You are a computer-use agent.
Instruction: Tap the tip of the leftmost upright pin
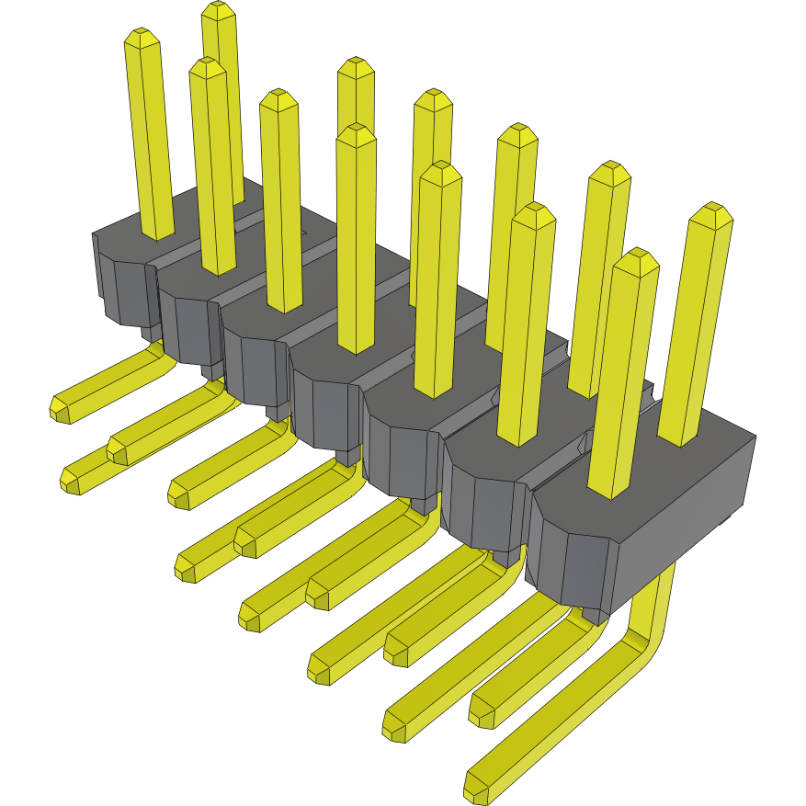click(142, 40)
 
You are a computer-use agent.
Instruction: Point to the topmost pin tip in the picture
click(218, 11)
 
